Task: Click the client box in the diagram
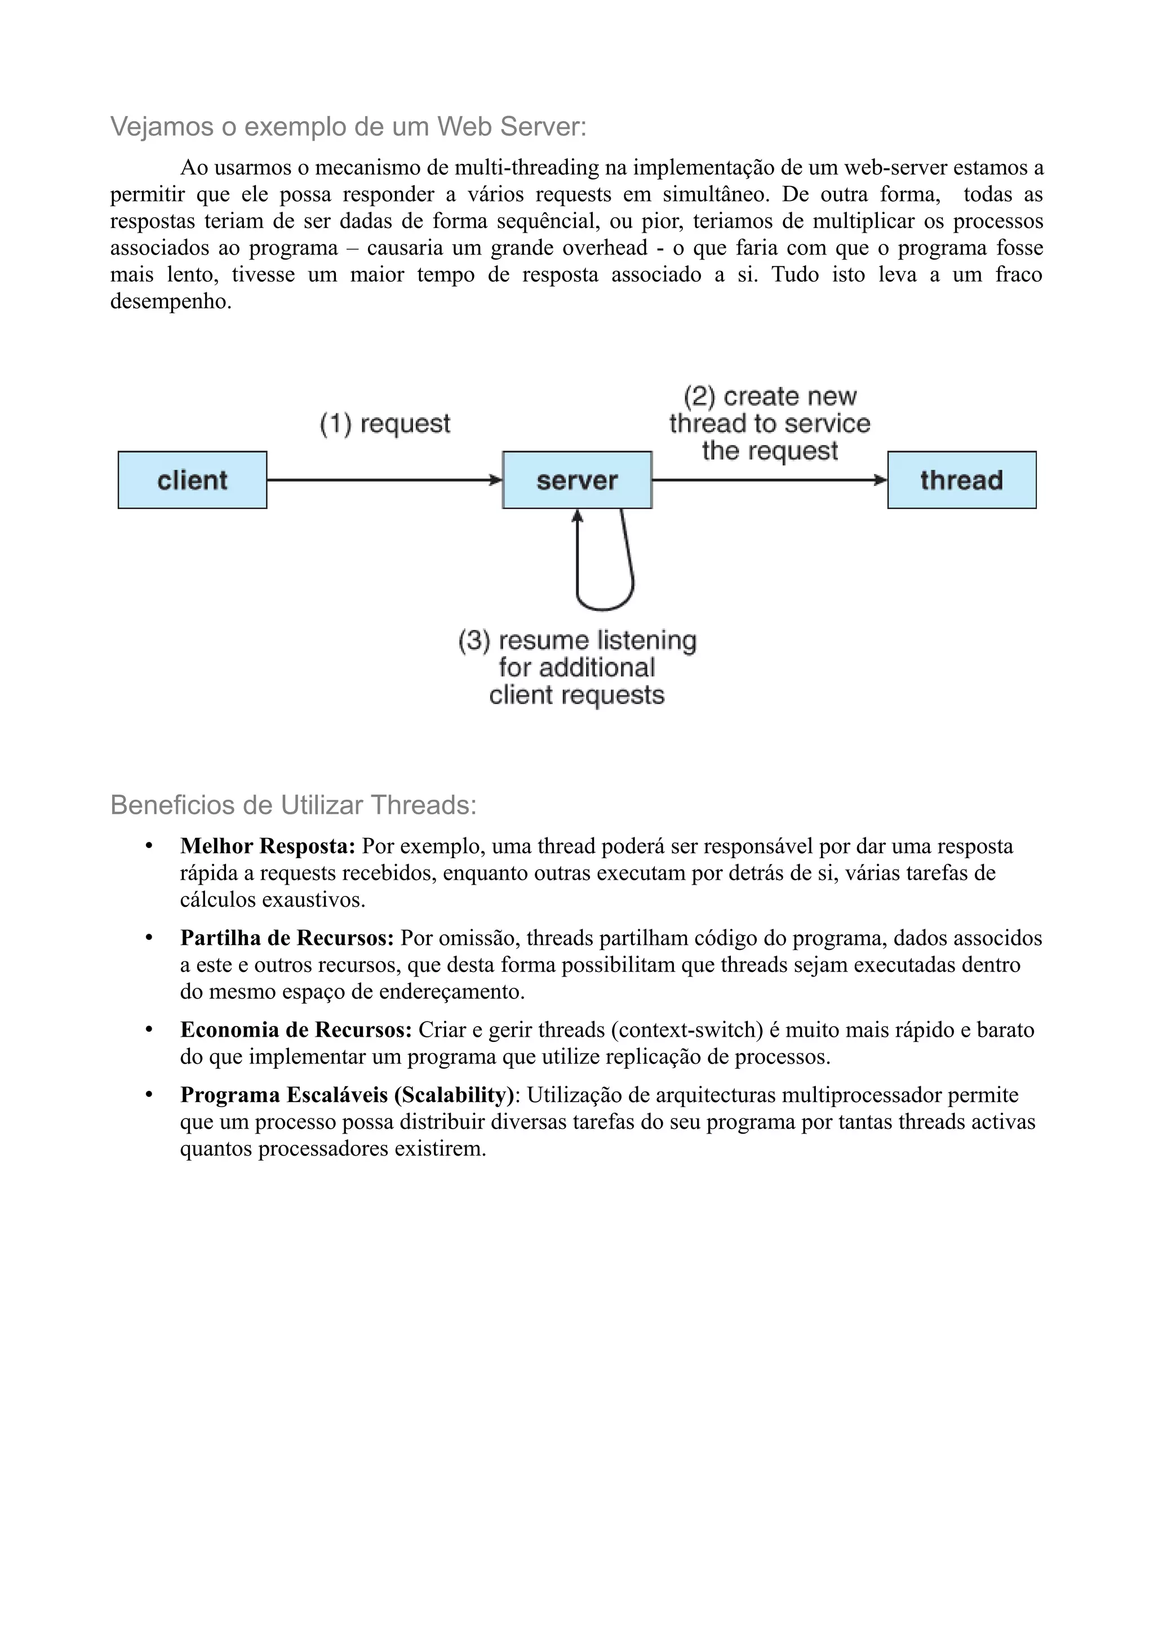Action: point(192,480)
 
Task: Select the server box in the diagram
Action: point(576,480)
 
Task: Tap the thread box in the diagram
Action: point(961,480)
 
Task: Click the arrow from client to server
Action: point(384,480)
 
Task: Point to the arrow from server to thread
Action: point(768,480)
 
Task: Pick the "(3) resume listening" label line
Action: point(576,640)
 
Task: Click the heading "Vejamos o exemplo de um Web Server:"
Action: point(348,127)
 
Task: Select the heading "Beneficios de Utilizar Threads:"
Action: point(293,805)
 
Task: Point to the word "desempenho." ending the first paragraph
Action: point(171,301)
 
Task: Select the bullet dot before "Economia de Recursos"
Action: point(149,1030)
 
